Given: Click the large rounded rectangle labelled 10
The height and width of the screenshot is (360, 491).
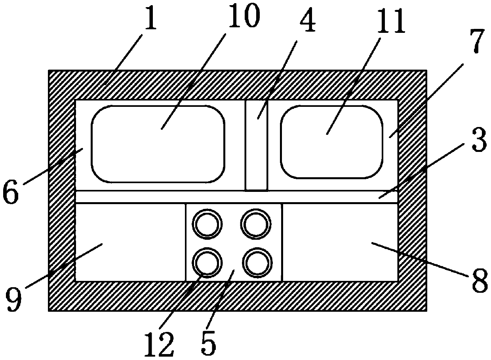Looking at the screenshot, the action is (x=158, y=144).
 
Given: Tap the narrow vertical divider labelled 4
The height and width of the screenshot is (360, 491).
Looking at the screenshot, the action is (x=256, y=145).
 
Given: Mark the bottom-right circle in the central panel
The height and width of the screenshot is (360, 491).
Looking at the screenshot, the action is (x=258, y=263).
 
